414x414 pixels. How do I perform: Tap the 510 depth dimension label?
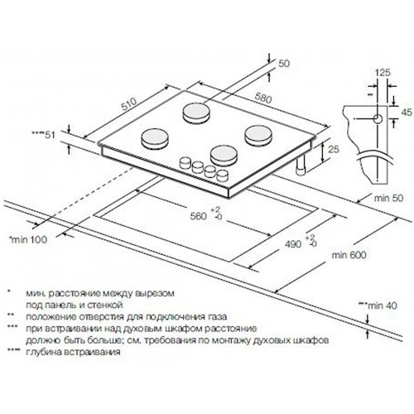[x=129, y=103]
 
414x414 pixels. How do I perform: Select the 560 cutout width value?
[x=198, y=216]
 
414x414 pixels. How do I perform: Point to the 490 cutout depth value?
[x=293, y=244]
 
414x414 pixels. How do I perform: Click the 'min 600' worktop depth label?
[x=349, y=254]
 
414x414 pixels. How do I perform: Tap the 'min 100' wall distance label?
[x=28, y=239]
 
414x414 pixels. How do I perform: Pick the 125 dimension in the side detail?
[x=383, y=72]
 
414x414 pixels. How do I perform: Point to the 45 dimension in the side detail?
[x=407, y=112]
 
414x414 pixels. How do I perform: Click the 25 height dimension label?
[x=334, y=149]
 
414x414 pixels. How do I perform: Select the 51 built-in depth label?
[x=43, y=135]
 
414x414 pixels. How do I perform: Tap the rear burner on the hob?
[x=196, y=113]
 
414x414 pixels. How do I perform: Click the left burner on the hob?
[x=155, y=138]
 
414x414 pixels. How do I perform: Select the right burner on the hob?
[x=258, y=135]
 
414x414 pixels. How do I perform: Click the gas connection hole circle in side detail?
[x=378, y=119]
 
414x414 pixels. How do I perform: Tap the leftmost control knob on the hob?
[x=185, y=162]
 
